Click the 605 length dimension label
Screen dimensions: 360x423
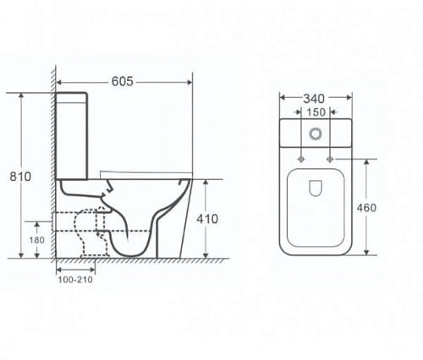tap(124, 81)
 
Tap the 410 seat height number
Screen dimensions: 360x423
tap(206, 218)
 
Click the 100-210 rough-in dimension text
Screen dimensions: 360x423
tap(75, 280)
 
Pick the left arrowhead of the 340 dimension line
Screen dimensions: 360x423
tap(282, 97)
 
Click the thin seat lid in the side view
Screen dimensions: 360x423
tap(144, 175)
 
